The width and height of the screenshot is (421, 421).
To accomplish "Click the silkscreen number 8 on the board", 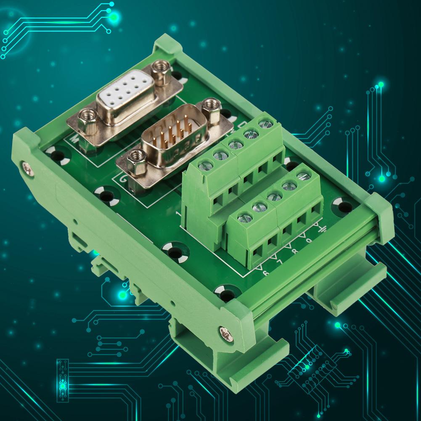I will pyautogui.click(x=294, y=252).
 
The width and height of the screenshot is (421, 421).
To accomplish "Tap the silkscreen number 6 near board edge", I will pyautogui.click(x=265, y=273).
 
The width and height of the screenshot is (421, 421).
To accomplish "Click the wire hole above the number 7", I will pyautogui.click(x=272, y=241).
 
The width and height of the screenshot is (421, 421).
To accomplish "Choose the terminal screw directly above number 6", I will pyautogui.click(x=245, y=217).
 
